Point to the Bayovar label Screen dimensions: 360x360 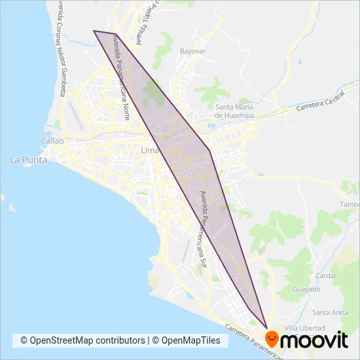[193, 50]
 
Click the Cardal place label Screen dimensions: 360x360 [325, 276]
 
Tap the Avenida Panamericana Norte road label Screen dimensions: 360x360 [122, 76]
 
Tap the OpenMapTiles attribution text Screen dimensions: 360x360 [190, 340]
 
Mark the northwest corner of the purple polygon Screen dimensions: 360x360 [94, 31]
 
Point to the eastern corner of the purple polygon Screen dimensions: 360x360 [210, 152]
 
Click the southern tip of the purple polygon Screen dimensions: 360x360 [267, 327]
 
